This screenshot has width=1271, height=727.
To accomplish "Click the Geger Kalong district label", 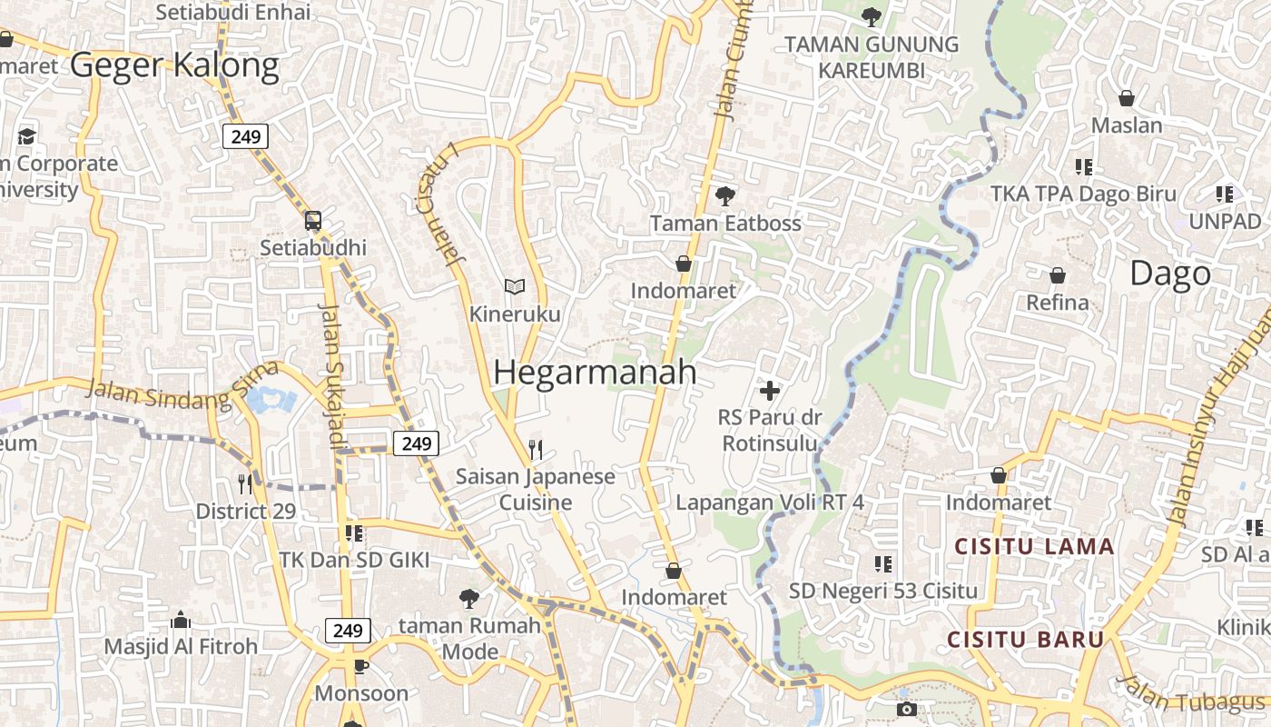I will point(174,65).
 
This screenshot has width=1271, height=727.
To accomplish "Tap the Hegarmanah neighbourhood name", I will point(595,373).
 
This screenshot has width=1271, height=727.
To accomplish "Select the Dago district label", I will point(1170,274).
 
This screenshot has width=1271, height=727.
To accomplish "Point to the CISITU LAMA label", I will point(1034,546).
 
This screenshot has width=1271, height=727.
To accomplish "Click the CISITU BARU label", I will point(1025,639).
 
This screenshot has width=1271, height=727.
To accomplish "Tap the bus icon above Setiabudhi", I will point(312,220).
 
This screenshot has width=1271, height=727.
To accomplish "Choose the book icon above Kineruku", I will point(515,286).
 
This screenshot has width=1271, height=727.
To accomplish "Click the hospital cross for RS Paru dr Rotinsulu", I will point(769,391).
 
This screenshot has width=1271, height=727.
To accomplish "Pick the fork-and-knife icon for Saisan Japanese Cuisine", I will point(536,449).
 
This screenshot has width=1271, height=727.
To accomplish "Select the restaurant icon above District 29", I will point(245,483).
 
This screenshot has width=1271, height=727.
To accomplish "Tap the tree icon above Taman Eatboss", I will point(724,195).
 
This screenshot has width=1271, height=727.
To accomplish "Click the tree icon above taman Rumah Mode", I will point(468,598).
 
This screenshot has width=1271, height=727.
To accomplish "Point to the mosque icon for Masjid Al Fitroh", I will point(181,620).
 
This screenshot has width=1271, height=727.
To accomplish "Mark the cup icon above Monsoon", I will point(361,666).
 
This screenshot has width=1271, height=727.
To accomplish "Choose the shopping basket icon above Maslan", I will point(1126,98).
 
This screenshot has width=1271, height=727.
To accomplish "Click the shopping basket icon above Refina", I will point(1057,275).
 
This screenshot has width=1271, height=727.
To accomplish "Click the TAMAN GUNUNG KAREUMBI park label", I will point(871,56).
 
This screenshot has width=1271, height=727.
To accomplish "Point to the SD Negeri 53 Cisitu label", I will point(882,591).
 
